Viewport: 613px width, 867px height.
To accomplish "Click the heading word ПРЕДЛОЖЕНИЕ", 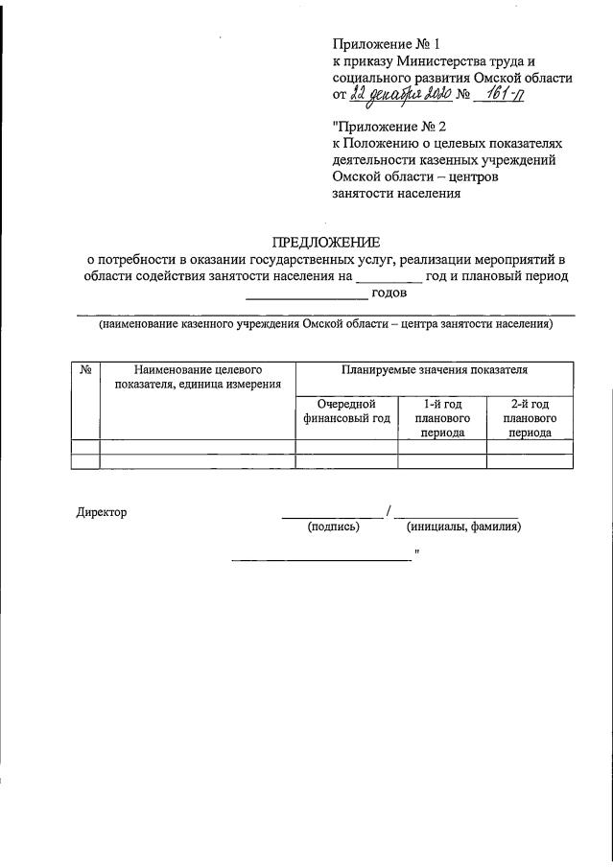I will click(x=327, y=241).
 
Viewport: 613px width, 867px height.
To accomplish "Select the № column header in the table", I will click(x=86, y=369).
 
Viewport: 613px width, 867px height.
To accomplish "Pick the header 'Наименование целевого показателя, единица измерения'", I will click(x=198, y=377).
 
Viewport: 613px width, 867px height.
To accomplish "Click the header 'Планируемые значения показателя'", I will click(x=434, y=369).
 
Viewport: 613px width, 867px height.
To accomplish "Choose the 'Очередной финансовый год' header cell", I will click(x=346, y=411).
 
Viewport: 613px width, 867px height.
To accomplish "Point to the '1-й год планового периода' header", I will click(x=441, y=418).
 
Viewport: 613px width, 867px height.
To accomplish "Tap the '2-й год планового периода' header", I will click(x=530, y=418).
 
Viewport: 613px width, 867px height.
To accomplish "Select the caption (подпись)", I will click(x=333, y=527).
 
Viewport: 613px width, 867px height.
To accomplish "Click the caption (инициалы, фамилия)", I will click(x=463, y=527).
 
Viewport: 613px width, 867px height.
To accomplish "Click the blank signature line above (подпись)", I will click(x=332, y=516).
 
